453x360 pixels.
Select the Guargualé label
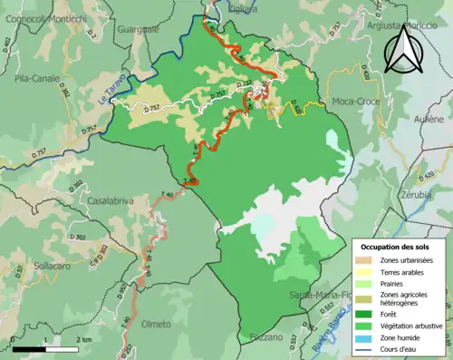coord(138,29)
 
